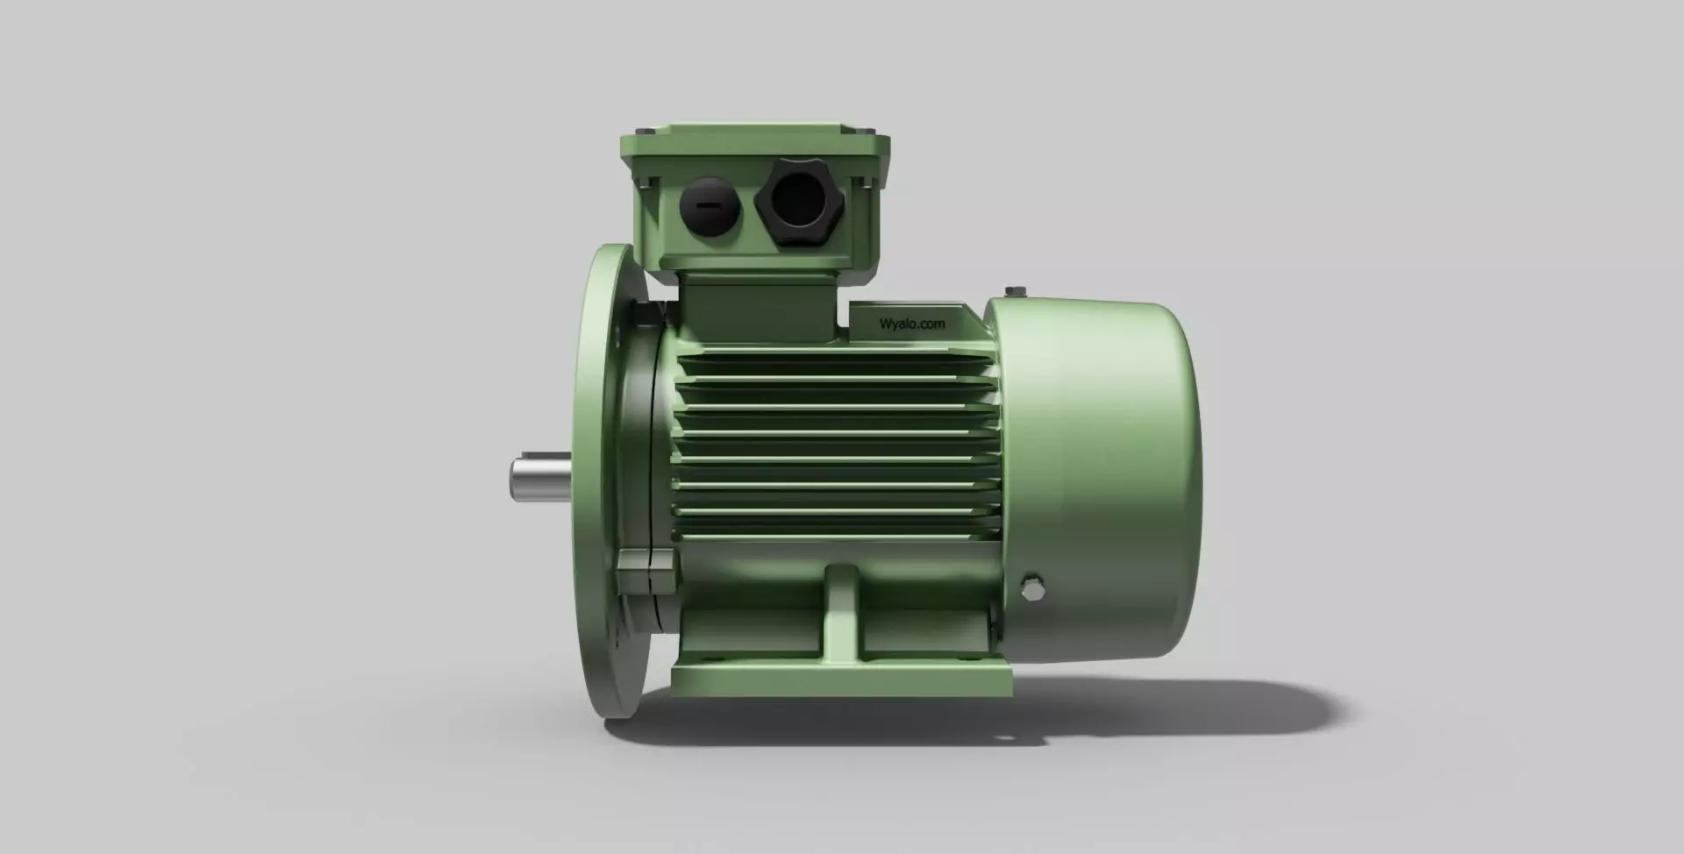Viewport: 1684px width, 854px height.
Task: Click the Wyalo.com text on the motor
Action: (912, 324)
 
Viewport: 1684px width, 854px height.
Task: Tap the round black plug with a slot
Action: (710, 206)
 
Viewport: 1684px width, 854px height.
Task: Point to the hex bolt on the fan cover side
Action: (1032, 589)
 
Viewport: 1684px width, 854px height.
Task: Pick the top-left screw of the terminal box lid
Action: (646, 132)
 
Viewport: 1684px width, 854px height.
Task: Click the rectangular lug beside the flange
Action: (646, 571)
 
